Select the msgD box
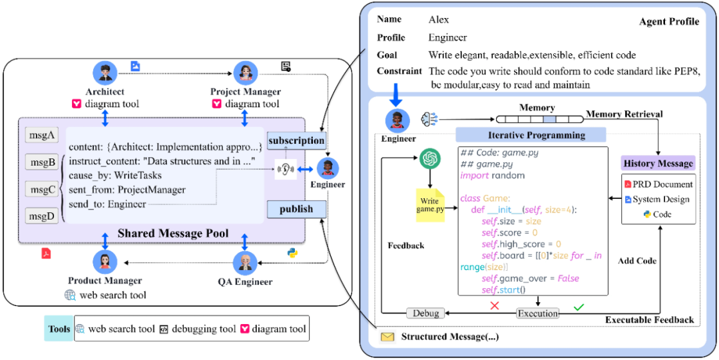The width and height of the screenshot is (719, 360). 42,215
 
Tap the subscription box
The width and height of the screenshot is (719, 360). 297,140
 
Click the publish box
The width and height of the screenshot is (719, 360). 297,209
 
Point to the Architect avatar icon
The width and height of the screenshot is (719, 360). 105,73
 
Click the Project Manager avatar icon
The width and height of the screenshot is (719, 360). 246,73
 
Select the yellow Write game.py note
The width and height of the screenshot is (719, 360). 430,205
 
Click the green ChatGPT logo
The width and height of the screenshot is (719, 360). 429,160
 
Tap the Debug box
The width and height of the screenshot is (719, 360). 425,313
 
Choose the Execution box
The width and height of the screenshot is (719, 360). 538,313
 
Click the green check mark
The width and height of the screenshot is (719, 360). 579,306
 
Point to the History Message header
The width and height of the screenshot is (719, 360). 658,163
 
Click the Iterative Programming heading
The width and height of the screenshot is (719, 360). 531,135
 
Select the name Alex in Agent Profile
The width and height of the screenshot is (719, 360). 439,20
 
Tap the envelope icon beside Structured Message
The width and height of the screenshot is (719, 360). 387,337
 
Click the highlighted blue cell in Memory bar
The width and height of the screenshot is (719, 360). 549,119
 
